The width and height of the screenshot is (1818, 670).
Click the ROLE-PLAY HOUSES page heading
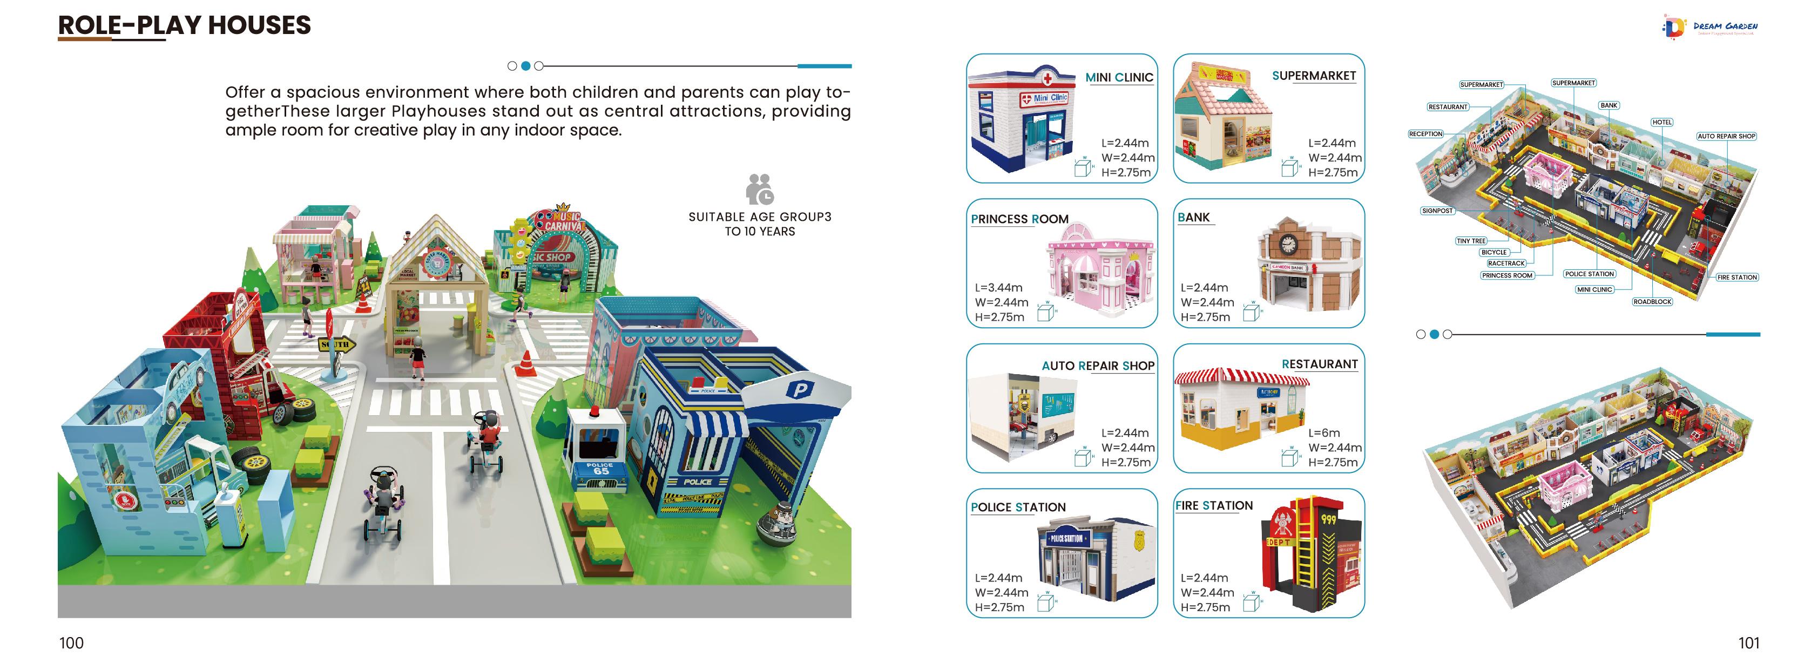(184, 25)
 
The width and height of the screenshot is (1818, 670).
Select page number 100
(71, 642)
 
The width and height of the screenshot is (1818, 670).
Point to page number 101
(1748, 642)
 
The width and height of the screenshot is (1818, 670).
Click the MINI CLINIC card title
(1119, 78)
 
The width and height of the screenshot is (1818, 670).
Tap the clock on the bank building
(1288, 244)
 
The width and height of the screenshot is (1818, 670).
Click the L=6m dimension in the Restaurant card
(1324, 433)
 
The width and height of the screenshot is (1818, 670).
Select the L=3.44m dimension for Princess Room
(998, 287)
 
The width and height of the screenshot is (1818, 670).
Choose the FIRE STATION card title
(1214, 505)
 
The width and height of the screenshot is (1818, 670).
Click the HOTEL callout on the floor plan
(1661, 122)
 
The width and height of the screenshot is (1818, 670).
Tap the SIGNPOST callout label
(1437, 211)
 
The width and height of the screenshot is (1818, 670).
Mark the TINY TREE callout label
(1471, 241)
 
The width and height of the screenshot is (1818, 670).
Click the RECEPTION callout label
(1425, 133)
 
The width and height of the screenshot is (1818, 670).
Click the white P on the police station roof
(800, 389)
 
